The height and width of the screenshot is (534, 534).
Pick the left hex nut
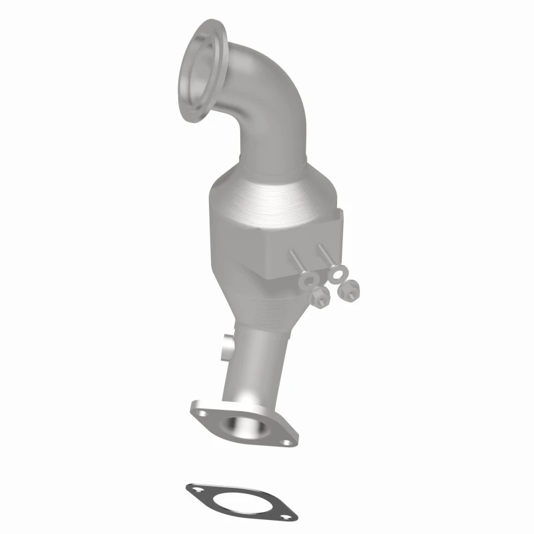pyautogui.click(x=320, y=298)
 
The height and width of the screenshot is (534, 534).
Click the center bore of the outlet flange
pyautogui.click(x=236, y=425)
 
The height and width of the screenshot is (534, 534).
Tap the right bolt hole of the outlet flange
pyautogui.click(x=285, y=441)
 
